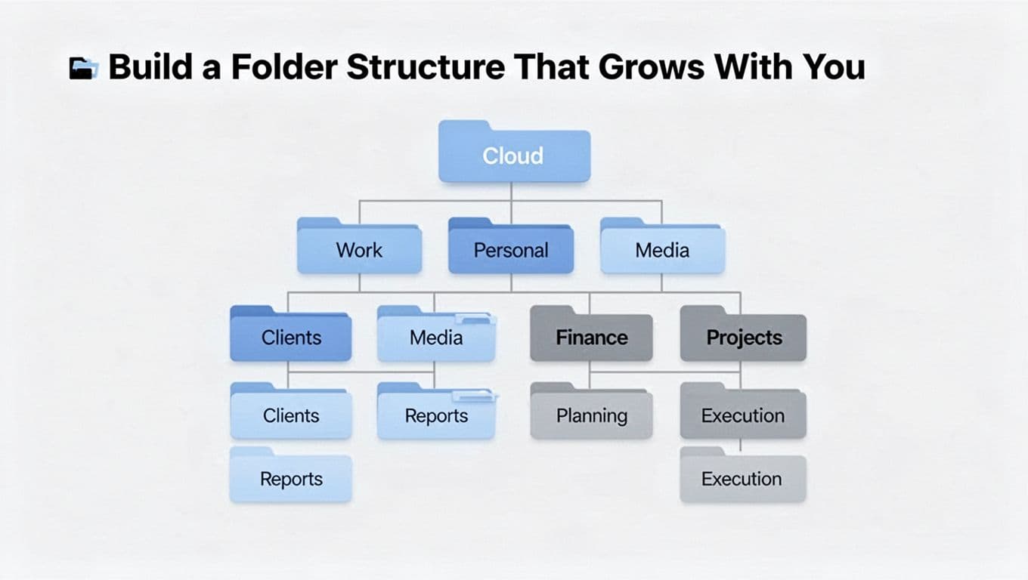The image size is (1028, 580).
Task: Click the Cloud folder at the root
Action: pos(513,156)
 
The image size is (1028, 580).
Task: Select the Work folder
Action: pos(359,250)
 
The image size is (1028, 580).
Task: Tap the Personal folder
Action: pos(511,250)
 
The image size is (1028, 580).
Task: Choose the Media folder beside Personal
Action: pos(662,250)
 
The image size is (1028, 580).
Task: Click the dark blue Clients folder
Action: pos(290,338)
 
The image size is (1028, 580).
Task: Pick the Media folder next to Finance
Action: pos(436,338)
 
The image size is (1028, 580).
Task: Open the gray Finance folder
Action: pos(591,338)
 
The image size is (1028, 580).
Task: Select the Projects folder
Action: pos(743,338)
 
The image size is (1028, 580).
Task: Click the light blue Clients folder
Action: pos(290,415)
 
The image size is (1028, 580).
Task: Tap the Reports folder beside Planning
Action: pos(436,415)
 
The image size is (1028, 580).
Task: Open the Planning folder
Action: pos(591,415)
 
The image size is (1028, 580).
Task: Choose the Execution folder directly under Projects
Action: pos(743,415)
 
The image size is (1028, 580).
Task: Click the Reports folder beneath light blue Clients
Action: pos(290,479)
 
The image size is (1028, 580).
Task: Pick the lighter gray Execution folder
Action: pos(743,479)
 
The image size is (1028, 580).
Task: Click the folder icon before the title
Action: pos(83,68)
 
